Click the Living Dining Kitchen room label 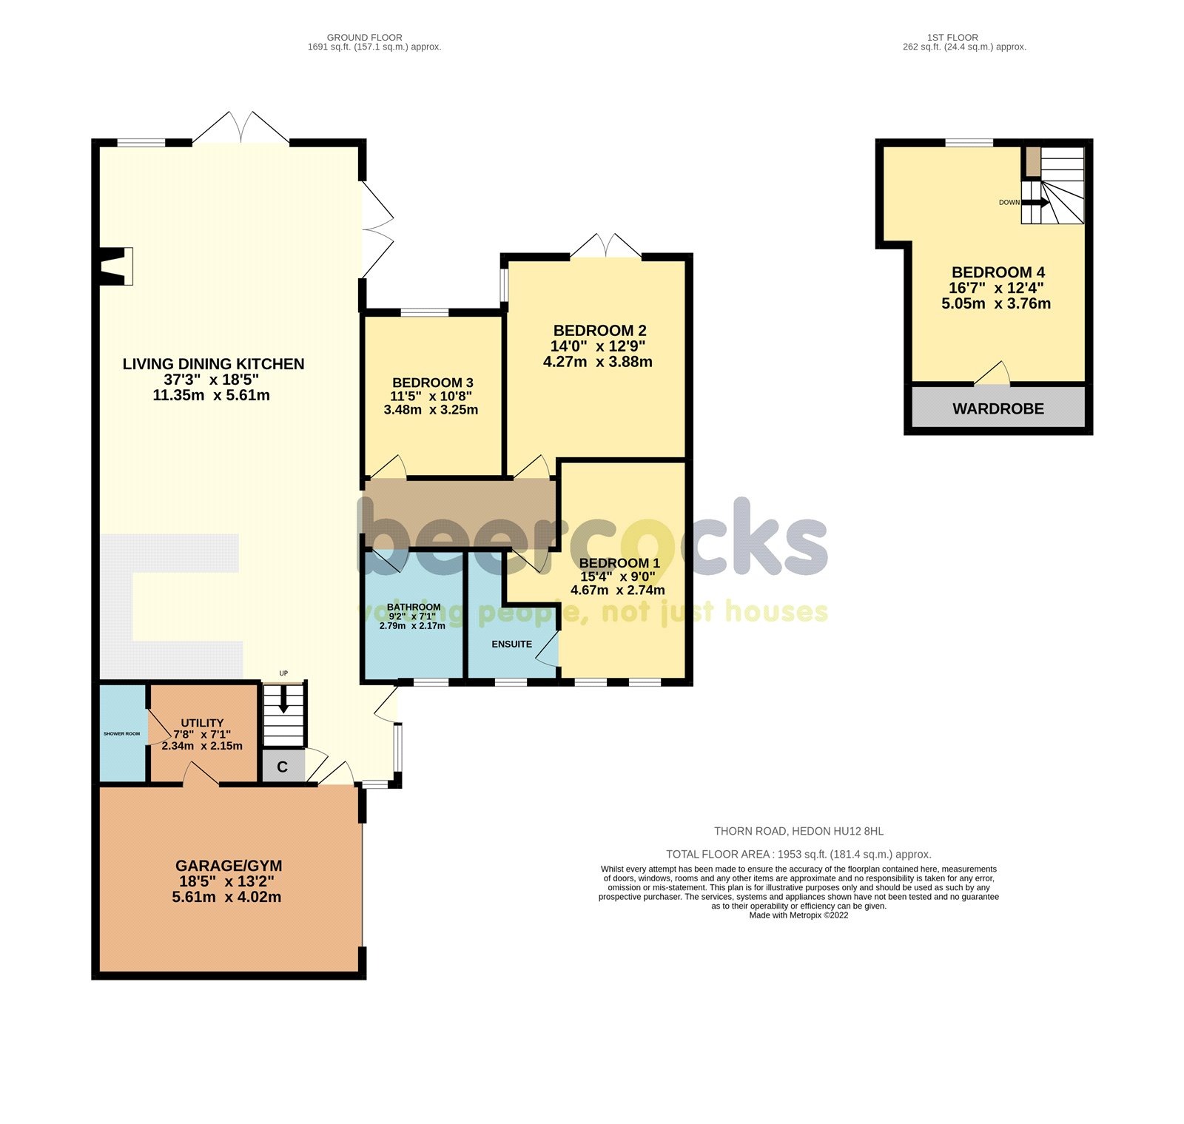213,364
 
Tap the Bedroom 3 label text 432,383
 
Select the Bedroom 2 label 599,331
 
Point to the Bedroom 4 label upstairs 998,272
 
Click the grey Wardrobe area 998,408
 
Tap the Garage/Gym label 228,866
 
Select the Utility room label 202,723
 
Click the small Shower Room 122,733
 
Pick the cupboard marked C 282,767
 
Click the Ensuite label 511,644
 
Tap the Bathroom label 414,607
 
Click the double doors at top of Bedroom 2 605,246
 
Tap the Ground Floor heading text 364,37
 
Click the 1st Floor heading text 952,37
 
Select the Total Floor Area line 798,854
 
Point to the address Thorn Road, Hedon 798,831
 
